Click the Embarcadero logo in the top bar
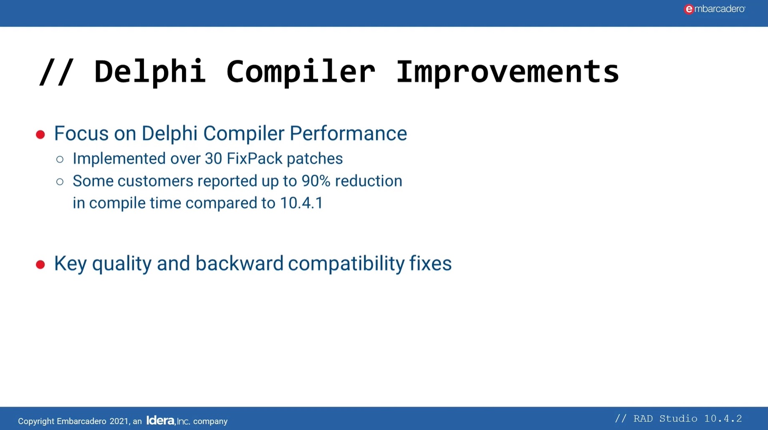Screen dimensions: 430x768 714,9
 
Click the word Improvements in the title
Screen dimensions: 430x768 507,72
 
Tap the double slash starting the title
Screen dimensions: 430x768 56,72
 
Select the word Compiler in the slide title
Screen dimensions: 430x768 301,72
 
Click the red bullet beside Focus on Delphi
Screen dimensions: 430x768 40,134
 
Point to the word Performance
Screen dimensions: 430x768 348,134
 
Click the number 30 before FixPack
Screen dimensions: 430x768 213,159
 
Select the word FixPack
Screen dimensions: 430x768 255,159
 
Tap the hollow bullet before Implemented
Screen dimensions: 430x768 60,159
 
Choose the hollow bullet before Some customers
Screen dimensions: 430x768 60,182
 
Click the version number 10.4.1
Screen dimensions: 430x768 301,203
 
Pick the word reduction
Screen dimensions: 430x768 368,181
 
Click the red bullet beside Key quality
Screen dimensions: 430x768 40,264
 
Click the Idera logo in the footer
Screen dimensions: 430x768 160,420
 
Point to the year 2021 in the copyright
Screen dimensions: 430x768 119,421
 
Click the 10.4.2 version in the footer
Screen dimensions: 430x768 723,418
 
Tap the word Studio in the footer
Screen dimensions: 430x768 678,418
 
